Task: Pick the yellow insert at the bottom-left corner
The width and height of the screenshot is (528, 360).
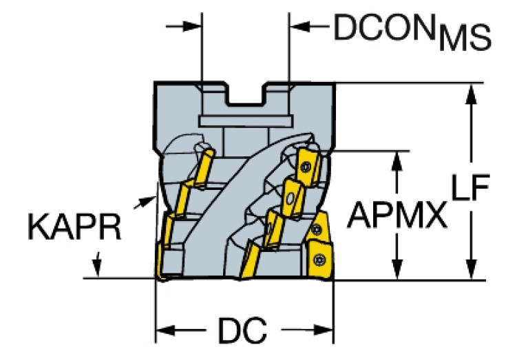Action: tap(170, 262)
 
